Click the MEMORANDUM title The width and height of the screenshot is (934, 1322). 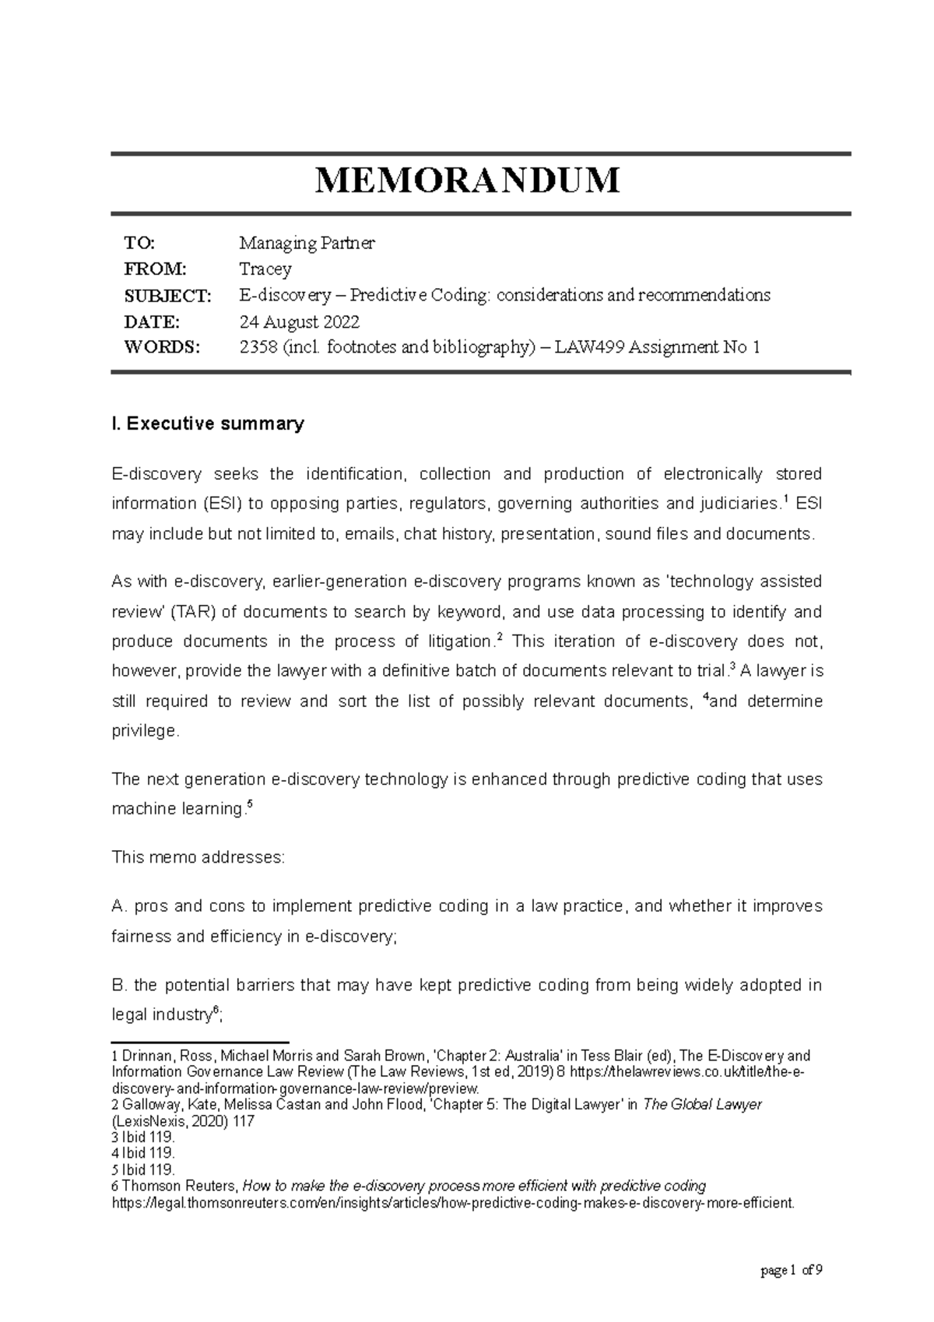pyautogui.click(x=467, y=181)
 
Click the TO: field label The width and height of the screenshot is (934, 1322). pyautogui.click(x=140, y=243)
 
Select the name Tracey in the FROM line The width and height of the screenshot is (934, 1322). pyautogui.click(x=265, y=269)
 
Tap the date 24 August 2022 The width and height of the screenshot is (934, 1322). pyautogui.click(x=299, y=322)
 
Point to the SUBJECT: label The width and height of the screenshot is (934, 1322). pyautogui.click(x=167, y=295)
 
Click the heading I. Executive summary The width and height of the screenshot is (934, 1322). pyautogui.click(x=208, y=424)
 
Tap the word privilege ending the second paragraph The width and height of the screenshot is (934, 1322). pyautogui.click(x=144, y=731)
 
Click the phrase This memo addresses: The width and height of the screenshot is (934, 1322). pyautogui.click(x=198, y=858)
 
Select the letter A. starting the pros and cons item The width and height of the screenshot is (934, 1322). pyautogui.click(x=119, y=906)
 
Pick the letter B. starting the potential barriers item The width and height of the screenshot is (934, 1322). pyautogui.click(x=119, y=986)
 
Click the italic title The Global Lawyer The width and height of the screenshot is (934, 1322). pyautogui.click(x=702, y=1105)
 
